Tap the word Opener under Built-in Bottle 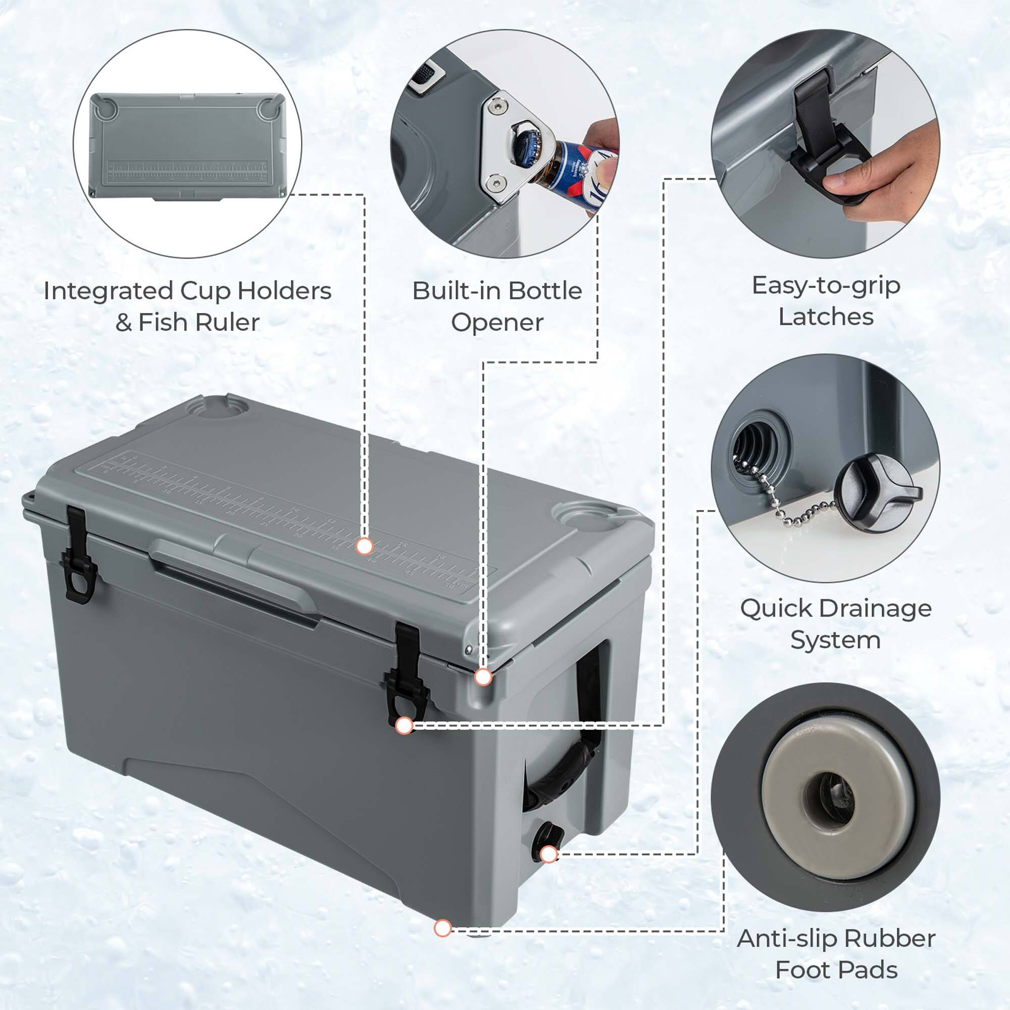[497, 322]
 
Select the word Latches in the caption [826, 317]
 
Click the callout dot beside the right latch [403, 726]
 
